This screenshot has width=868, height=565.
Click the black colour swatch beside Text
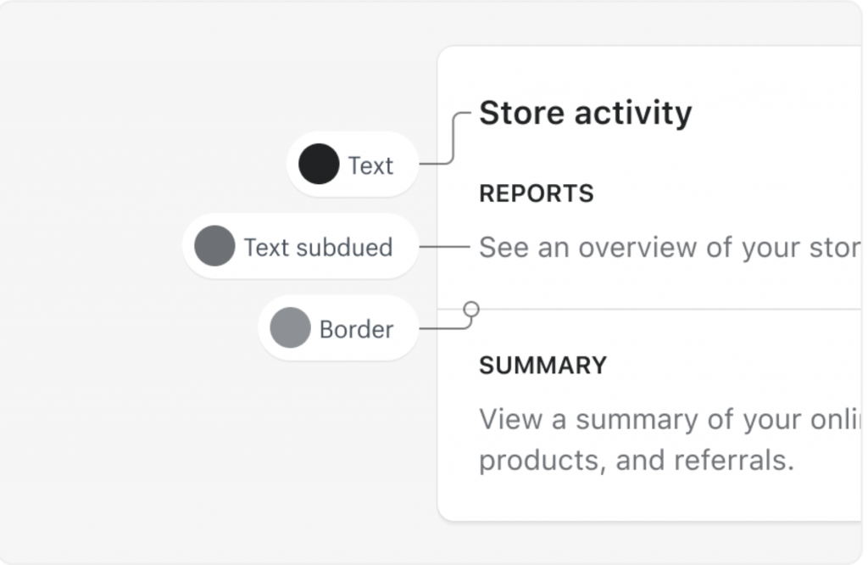point(320,165)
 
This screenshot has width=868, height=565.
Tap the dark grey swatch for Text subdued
point(214,246)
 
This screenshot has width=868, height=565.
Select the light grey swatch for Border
point(290,328)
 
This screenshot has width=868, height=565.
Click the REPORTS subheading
point(536,194)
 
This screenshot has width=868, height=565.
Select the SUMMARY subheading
point(542,366)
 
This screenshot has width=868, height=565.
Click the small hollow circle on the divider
point(471,309)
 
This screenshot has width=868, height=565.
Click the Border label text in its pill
point(356,329)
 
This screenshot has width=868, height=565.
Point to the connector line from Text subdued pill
point(443,247)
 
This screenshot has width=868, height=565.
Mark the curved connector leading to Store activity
point(453,140)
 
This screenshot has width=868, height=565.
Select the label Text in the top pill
point(370,165)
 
